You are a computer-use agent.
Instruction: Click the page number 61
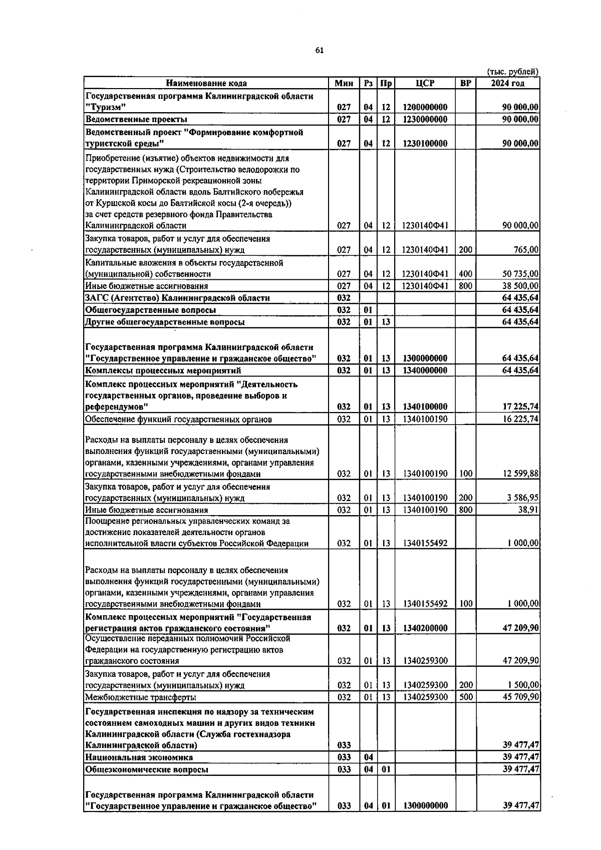coord(320,50)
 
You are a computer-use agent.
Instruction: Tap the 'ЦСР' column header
coord(425,83)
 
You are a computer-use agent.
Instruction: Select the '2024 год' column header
coord(507,83)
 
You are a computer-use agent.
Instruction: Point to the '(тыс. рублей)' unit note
coord(512,72)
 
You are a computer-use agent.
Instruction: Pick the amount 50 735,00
coord(520,274)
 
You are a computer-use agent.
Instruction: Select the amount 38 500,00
coord(520,286)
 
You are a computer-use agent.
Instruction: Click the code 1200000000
coord(425,107)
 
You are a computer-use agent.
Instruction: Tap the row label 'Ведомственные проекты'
coord(137,119)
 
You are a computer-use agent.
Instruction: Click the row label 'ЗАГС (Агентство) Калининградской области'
coord(178,298)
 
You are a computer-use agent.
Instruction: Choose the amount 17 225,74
coord(520,407)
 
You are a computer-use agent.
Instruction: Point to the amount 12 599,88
coord(520,474)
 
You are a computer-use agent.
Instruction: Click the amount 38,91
coord(529,510)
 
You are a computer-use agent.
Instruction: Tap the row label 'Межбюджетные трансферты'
coord(141,697)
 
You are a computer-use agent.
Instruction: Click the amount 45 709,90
coord(520,697)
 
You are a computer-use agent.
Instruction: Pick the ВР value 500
coord(466,697)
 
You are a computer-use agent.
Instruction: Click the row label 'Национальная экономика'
coord(139,757)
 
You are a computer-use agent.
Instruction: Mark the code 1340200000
coord(425,628)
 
